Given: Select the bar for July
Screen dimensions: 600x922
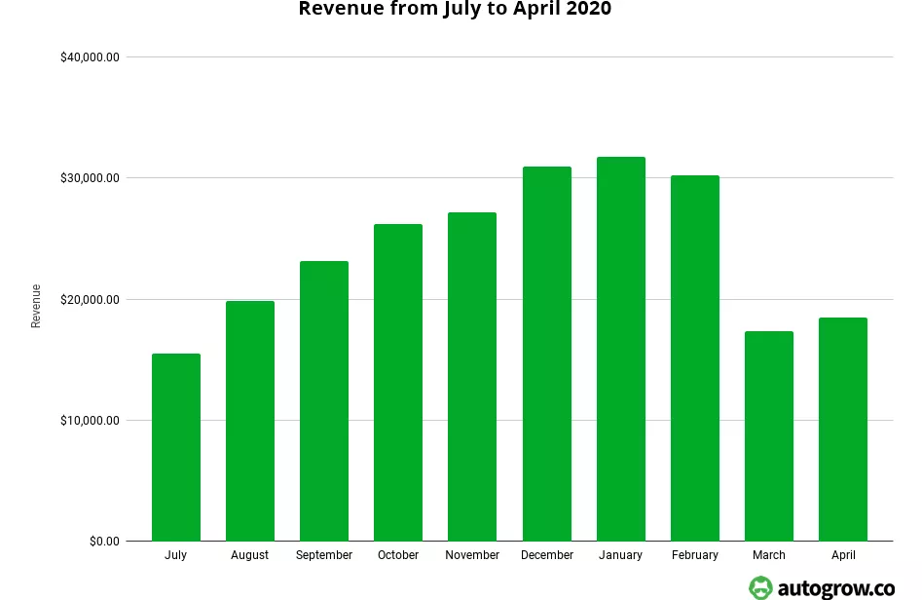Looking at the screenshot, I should [176, 447].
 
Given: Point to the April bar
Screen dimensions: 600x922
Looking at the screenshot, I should [843, 430].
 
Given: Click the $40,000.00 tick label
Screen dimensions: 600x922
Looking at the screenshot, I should [90, 57].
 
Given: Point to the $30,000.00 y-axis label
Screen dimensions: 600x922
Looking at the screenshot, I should [90, 178].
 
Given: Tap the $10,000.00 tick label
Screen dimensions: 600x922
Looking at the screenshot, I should [90, 421].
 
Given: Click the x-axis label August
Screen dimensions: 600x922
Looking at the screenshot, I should [250, 555].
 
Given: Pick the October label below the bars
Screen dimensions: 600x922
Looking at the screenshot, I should [398, 555].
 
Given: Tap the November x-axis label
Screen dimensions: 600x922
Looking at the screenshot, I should [472, 555].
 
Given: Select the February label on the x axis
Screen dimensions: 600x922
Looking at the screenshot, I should [695, 555].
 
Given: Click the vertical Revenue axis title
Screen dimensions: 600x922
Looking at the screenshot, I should [36, 306].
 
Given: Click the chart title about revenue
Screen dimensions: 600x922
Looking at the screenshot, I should [455, 10].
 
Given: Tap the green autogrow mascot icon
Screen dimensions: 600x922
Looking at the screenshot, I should [760, 587].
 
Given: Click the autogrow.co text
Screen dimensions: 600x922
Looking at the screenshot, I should [836, 587].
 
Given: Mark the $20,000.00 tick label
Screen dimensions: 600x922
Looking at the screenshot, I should [90, 300].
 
